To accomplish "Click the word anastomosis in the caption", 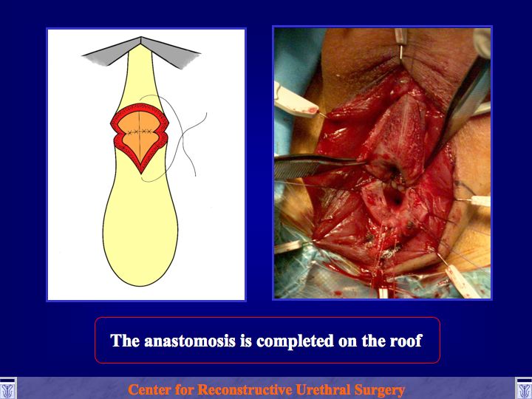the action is click(190, 341).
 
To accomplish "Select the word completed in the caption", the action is click(295, 341).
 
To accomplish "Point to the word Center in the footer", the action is click(148, 389).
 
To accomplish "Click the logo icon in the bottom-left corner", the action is click(8, 389).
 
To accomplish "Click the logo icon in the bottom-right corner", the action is click(524, 389).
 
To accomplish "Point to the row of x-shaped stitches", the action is click(140, 131).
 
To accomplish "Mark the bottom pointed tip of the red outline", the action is click(141, 174).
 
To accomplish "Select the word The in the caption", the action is click(126, 341).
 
